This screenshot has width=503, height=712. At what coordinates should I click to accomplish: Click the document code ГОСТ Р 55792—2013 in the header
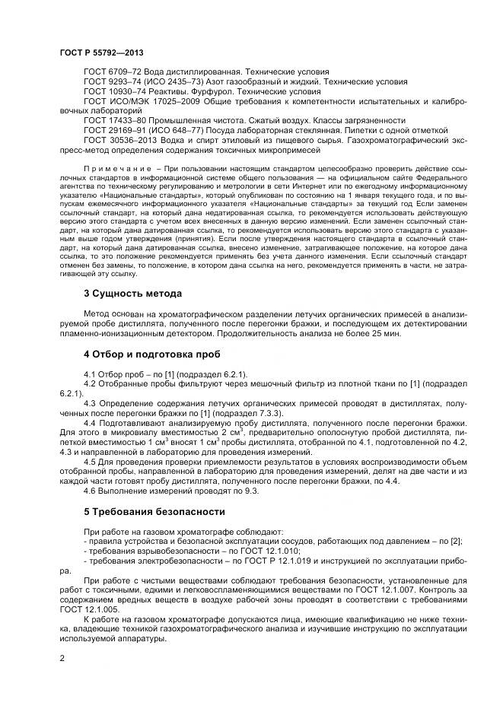(x=101, y=52)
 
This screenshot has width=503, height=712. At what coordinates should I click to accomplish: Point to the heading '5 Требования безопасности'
(x=154, y=511)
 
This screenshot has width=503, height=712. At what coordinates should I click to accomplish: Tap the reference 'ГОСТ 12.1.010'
(x=277, y=550)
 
